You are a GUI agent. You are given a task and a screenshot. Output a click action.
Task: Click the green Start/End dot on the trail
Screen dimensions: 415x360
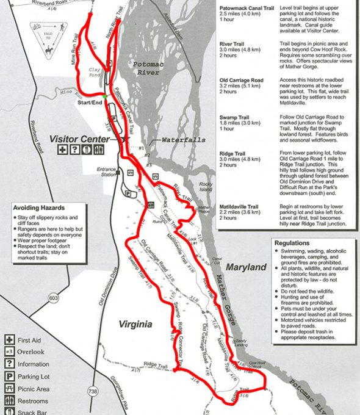(x=105, y=96)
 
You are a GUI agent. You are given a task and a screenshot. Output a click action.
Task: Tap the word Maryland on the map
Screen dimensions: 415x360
(x=246, y=267)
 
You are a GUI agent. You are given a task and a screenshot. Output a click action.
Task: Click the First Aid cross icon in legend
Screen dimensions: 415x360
(x=9, y=339)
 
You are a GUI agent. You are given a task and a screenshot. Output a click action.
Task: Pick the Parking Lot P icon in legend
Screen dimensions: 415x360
(x=9, y=377)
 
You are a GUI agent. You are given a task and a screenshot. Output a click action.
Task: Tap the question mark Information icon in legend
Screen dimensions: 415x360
(x=9, y=364)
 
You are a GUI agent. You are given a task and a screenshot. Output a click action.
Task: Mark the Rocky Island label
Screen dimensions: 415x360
(x=205, y=187)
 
